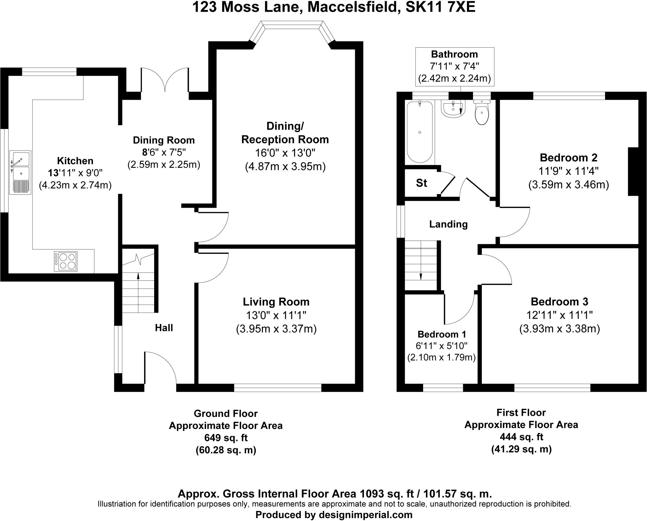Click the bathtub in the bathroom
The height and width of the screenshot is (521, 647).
(420, 132)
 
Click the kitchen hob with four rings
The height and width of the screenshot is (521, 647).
(66, 261)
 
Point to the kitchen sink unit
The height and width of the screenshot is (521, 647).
(21, 172)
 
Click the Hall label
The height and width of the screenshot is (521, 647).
(164, 328)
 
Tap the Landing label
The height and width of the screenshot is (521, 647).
(448, 224)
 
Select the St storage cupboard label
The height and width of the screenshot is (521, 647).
(421, 183)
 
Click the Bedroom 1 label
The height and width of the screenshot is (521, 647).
(441, 334)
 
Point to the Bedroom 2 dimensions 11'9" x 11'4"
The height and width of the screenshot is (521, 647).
(568, 171)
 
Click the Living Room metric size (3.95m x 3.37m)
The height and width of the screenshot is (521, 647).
(276, 329)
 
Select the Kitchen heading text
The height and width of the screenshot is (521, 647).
(75, 161)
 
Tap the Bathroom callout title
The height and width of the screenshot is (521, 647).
(454, 54)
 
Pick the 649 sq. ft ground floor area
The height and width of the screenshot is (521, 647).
(226, 438)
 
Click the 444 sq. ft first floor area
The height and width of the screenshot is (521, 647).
(521, 437)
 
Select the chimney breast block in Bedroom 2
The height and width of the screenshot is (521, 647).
(633, 172)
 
